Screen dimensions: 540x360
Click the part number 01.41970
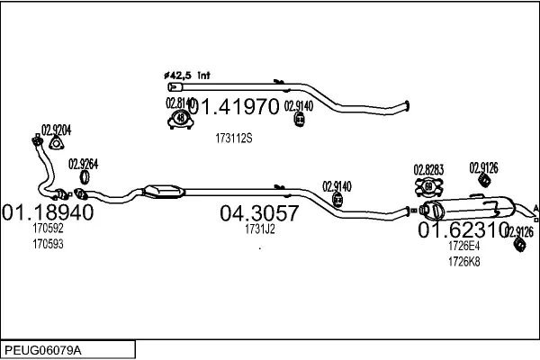[x=234, y=106]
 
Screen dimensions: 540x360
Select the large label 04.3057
[x=259, y=213]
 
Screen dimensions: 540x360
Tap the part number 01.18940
[x=48, y=212]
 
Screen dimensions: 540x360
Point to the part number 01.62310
[x=463, y=229]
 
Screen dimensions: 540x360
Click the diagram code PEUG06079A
[x=43, y=350]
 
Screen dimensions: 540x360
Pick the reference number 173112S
[x=234, y=138]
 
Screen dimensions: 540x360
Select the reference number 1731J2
[x=260, y=229]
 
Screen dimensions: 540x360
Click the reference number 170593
[x=48, y=244]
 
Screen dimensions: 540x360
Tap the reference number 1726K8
[x=463, y=262]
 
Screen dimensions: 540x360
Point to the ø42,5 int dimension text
[x=187, y=75]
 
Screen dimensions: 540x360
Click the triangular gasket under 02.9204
[x=56, y=143]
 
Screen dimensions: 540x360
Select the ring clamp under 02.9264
[x=85, y=177]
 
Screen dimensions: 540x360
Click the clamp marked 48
[x=181, y=119]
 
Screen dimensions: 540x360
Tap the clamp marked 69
[x=428, y=187]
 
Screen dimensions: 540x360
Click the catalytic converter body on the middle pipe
[x=163, y=192]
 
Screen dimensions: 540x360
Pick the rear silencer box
[x=469, y=209]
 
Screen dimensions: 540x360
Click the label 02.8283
[x=428, y=170]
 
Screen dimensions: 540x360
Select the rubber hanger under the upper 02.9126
[x=484, y=180]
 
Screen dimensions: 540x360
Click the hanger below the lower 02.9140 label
[x=337, y=200]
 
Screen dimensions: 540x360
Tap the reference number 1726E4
[x=463, y=246]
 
